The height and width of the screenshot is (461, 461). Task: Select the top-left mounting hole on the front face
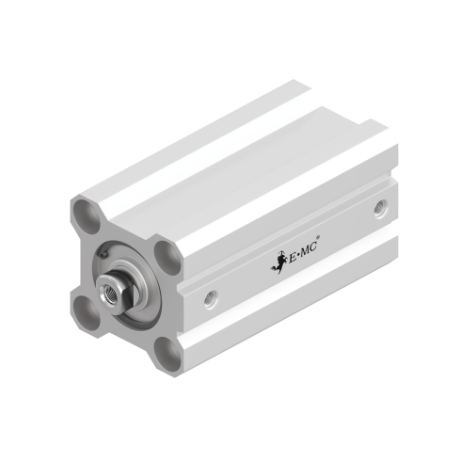[87, 212]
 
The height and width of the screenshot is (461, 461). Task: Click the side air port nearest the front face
[210, 300]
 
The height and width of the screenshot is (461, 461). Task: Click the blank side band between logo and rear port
[348, 226]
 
